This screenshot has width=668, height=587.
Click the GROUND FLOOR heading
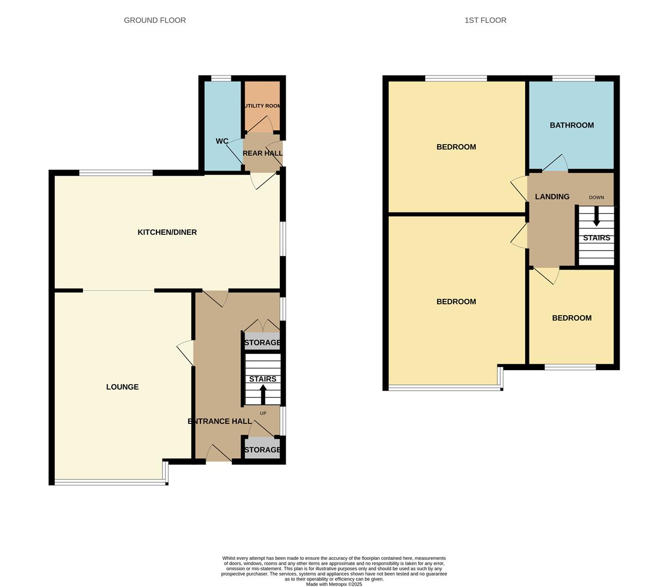155,20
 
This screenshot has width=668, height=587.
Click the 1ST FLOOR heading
485,20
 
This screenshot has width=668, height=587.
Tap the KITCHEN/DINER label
167,232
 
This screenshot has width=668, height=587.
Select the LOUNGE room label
122,387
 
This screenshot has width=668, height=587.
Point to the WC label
222,141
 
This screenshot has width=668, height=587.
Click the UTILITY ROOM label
262,106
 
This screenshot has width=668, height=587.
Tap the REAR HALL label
262,153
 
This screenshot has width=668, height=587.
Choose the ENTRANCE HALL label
219,421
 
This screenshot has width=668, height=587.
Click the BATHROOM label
571,125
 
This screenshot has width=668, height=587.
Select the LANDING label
552,197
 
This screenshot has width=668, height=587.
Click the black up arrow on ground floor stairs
263,394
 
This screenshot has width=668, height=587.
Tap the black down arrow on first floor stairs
596,217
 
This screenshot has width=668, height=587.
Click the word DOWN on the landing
596,197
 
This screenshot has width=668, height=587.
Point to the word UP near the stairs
263,413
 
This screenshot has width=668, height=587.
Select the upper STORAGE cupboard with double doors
262,342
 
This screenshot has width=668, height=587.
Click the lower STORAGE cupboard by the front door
262,449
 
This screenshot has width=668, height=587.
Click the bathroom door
554,163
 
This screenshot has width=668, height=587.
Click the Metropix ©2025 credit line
333,584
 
